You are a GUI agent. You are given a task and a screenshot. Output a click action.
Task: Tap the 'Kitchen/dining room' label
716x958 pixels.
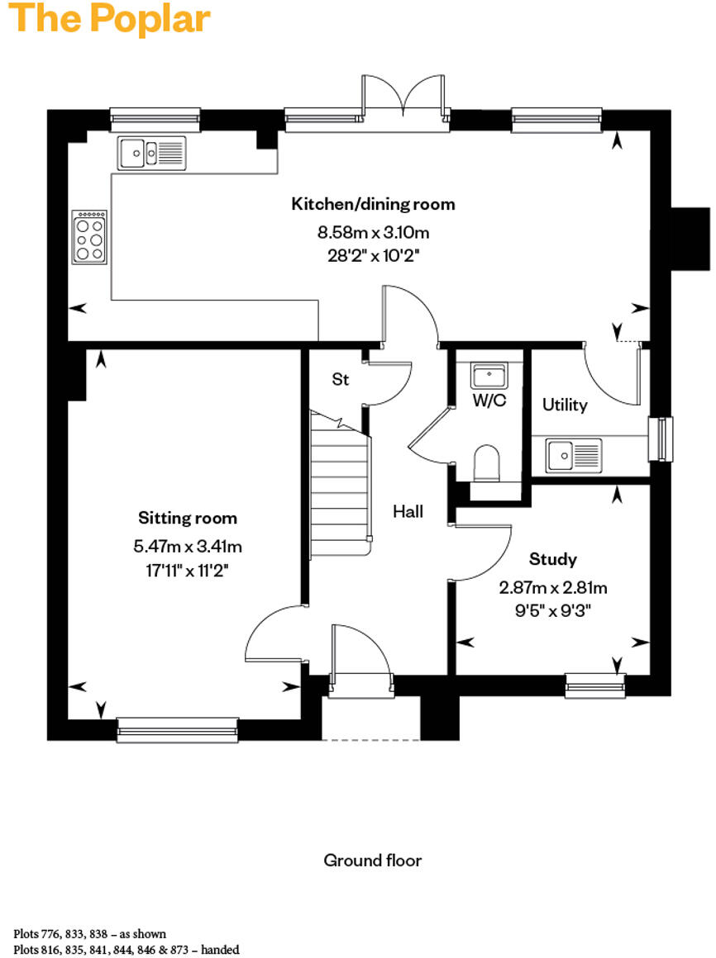point(373,204)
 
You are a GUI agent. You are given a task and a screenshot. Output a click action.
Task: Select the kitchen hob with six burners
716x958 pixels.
point(90,236)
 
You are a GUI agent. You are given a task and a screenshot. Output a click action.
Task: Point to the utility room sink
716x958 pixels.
point(573,453)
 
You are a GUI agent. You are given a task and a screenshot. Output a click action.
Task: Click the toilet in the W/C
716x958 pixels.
point(487,463)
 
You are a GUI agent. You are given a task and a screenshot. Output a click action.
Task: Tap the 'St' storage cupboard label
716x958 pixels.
point(340,379)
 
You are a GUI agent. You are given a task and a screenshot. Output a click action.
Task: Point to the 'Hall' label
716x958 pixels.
point(408,512)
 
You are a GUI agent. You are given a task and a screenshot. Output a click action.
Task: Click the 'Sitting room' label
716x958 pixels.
point(188,519)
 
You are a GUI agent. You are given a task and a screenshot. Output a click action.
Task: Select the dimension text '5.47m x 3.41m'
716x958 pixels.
point(188,546)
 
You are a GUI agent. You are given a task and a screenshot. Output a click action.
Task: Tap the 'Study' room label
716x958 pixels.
point(553,560)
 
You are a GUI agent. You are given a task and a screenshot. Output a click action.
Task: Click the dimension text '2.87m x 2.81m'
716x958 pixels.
point(553,588)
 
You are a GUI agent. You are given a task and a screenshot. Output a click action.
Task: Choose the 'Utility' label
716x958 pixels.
point(565,405)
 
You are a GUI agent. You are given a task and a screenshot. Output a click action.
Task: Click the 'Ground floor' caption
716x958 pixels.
point(372,861)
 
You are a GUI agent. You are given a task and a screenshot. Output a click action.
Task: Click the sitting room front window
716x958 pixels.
point(177,728)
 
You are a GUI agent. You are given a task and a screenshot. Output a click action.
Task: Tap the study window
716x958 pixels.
point(594,684)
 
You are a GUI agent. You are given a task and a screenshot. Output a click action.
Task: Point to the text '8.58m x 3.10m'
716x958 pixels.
point(373,232)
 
